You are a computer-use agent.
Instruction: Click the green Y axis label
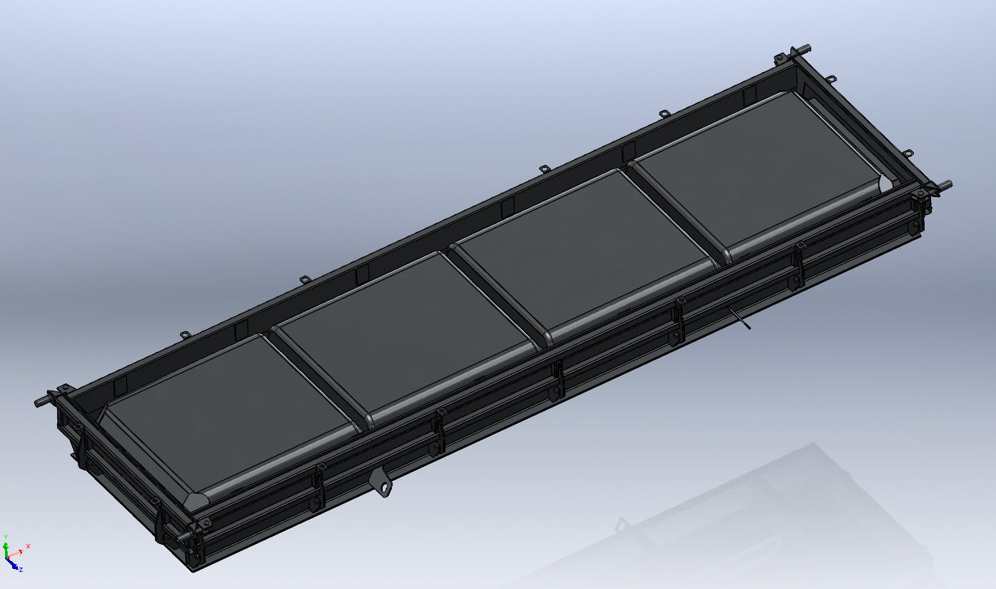pos(6,537)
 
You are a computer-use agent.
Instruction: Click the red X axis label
pos(28,546)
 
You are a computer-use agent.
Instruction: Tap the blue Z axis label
pos(21,570)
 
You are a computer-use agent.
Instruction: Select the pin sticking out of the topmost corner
pos(803,49)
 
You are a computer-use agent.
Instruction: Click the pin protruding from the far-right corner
pos(944,185)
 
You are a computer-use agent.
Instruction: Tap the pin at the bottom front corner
pos(184,537)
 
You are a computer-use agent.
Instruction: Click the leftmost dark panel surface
pos(227,413)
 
